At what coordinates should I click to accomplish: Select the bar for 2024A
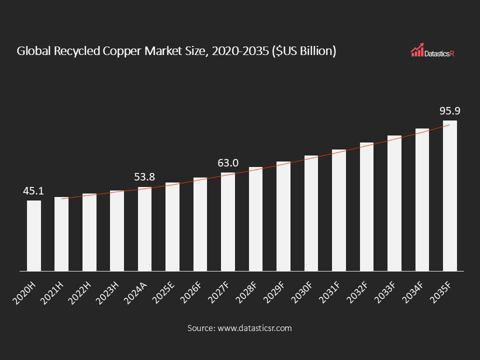point(144,229)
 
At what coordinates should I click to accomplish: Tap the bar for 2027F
point(228,222)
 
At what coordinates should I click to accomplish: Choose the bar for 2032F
point(366,207)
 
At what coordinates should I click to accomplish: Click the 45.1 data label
point(34,191)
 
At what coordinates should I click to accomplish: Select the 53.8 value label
point(144,177)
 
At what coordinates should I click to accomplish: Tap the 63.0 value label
point(228,163)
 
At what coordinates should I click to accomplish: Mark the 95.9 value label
point(449,111)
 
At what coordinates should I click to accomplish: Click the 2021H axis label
point(51,291)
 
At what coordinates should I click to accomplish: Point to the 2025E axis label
point(162,291)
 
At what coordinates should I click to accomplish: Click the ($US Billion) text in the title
point(303,51)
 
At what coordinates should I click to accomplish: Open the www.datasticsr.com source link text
point(253,328)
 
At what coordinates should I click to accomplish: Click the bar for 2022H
point(89,232)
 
